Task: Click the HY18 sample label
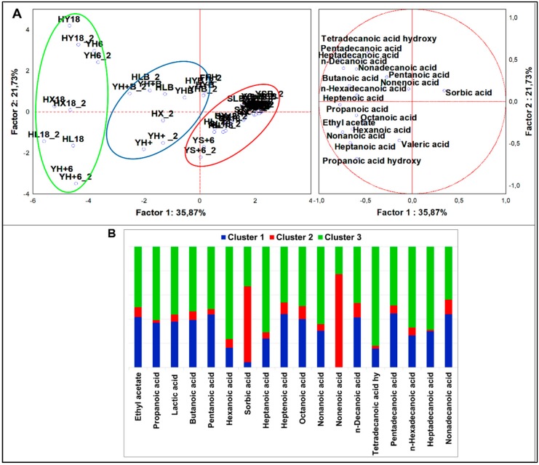pyautogui.click(x=68, y=19)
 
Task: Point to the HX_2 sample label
pyautogui.click(x=162, y=114)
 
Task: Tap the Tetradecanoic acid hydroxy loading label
pyautogui.click(x=378, y=38)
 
